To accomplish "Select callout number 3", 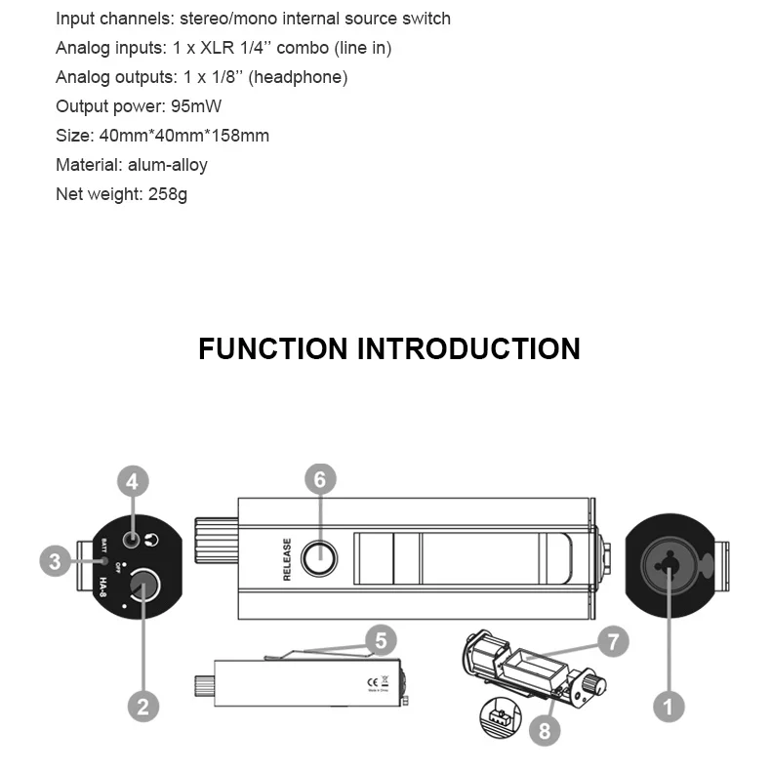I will tap(56, 561).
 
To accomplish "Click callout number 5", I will tap(381, 641).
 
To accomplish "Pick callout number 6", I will tap(320, 478).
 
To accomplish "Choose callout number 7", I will tap(613, 641).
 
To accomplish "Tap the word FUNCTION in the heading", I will tap(272, 349).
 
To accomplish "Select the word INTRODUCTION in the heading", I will tap(467, 349).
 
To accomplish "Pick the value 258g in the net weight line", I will tap(168, 194).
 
